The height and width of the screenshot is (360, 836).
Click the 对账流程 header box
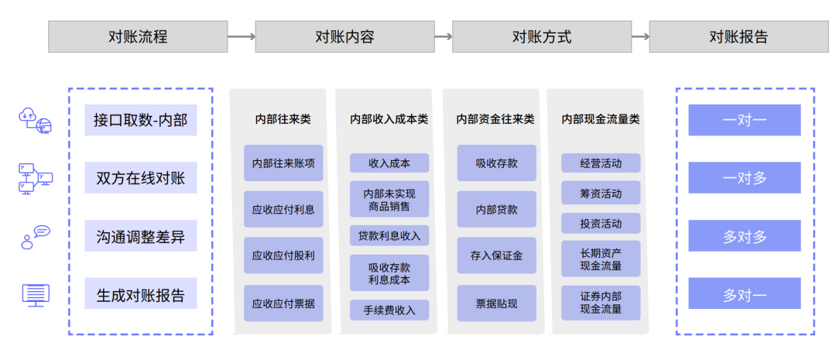point(138,36)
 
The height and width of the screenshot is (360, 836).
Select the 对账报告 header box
point(738,36)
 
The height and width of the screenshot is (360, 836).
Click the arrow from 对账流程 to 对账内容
point(242,37)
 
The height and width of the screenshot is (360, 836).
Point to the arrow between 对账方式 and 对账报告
point(640,37)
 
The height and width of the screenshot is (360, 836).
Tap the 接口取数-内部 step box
point(141,120)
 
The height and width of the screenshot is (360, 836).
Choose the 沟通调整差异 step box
point(141,235)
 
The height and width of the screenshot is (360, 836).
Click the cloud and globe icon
point(36,120)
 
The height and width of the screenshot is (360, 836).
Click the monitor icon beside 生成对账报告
point(36,295)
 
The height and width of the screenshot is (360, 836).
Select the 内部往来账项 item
point(283,163)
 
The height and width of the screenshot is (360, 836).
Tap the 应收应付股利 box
point(283,255)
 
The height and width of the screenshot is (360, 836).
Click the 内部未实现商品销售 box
point(389,199)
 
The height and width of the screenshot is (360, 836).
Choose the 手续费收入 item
point(389,310)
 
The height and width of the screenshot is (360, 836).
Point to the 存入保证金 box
point(496,255)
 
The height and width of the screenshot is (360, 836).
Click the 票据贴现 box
point(496,303)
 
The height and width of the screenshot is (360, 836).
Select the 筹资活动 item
point(601,193)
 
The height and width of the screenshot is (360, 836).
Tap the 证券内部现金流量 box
point(601,303)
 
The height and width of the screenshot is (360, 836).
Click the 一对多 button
point(745,177)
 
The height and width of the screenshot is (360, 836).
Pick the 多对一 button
point(745,293)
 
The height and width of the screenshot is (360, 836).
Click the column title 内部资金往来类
point(495,119)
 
